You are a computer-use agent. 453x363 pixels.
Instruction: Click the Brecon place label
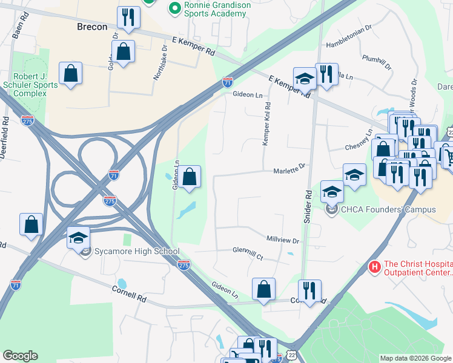click(x=92, y=27)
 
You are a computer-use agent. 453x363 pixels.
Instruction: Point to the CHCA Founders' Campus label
click(x=389, y=210)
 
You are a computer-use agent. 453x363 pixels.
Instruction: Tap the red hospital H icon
click(x=374, y=266)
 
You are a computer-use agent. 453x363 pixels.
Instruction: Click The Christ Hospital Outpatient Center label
click(x=418, y=267)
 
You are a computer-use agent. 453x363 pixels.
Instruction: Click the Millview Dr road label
click(x=283, y=240)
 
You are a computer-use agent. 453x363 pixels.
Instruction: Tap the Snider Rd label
click(x=308, y=206)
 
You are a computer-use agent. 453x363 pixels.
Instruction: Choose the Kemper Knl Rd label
click(x=266, y=123)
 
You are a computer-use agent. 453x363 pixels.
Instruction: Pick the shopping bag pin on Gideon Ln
click(x=190, y=177)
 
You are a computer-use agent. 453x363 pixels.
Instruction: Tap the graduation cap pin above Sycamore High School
click(x=78, y=237)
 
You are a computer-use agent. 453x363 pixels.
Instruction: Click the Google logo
click(x=20, y=356)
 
